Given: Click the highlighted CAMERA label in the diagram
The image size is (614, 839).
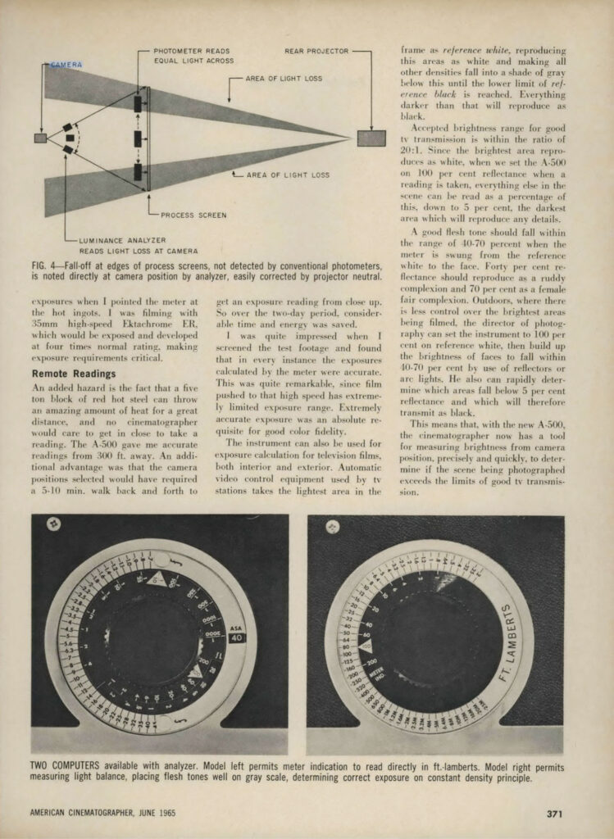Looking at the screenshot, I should (x=66, y=64).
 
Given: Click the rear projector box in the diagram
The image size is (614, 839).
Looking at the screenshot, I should (x=371, y=138).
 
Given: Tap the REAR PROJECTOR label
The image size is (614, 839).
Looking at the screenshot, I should (x=316, y=51).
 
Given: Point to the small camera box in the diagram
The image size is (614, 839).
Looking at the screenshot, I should (x=40, y=138).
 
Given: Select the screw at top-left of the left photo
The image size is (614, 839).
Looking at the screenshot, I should (x=53, y=525).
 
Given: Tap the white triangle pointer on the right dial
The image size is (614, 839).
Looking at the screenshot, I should (x=366, y=646).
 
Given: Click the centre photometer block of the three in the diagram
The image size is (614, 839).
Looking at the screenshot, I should (x=138, y=138).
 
